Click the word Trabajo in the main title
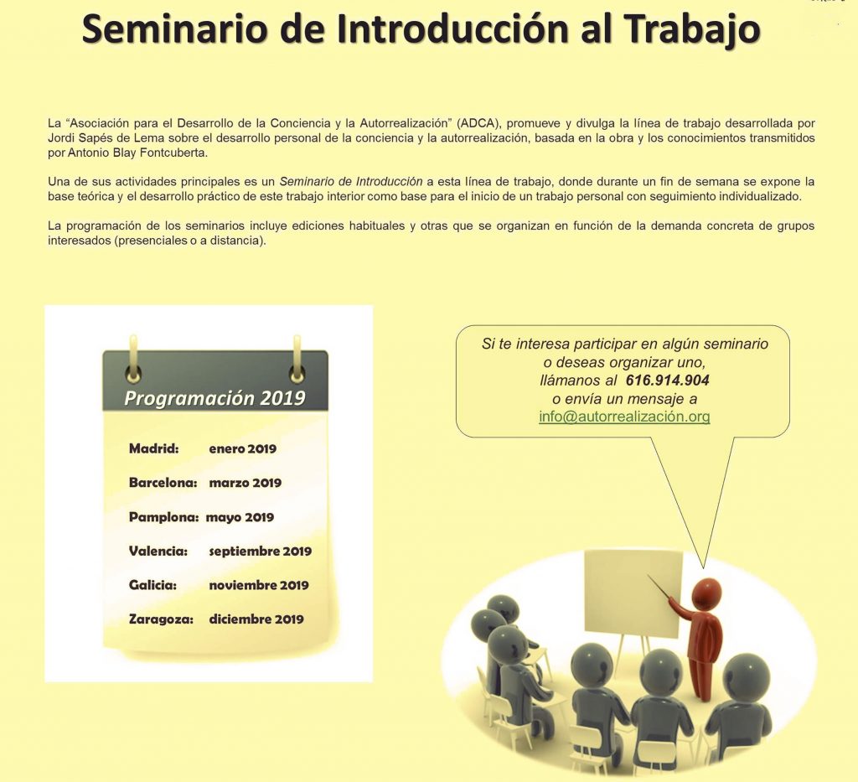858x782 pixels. [693, 30]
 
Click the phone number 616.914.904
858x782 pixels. [668, 381]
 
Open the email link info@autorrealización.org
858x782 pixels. [624, 417]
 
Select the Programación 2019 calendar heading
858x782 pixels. [214, 398]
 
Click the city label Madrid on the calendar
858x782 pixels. [154, 448]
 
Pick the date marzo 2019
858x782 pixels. [246, 483]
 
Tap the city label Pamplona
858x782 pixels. [163, 517]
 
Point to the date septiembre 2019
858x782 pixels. [261, 551]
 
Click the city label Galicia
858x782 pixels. [152, 585]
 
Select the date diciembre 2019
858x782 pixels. [256, 619]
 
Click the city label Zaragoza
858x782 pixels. [161, 619]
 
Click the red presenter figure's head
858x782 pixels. [706, 592]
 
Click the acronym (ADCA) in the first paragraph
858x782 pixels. [478, 123]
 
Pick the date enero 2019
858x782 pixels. [243, 448]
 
